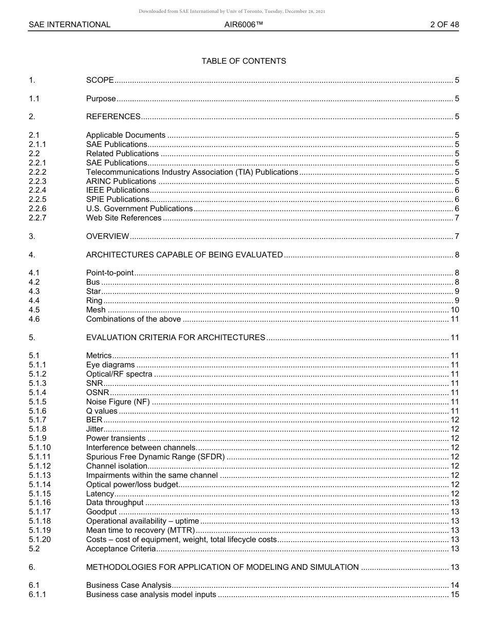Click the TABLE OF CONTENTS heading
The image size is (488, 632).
pos(243,61)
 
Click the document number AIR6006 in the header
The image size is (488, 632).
pos(243,24)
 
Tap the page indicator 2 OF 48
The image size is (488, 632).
pos(444,24)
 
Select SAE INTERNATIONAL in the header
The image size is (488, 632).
pos(69,24)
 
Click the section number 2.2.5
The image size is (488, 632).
pos(37,199)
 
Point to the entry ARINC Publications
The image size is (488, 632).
pos(121,181)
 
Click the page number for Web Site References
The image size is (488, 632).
pos(457,218)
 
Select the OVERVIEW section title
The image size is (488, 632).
pos(107,236)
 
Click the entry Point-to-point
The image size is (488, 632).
pos(109,273)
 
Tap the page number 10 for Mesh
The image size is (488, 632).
pos(455,310)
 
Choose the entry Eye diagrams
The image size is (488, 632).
pos(110,365)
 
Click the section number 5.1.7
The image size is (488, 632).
pos(37,420)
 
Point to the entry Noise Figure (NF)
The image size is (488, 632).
pos(118,402)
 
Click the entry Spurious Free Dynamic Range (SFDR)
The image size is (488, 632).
pos(155,457)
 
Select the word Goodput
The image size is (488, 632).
pos(101,512)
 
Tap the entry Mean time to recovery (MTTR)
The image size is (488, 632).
pos(140,530)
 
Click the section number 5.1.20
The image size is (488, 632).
pos(40,540)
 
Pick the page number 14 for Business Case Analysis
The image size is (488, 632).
pos(455,585)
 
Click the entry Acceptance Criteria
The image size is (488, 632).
pos(121,549)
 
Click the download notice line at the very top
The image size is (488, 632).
pos(232,11)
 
